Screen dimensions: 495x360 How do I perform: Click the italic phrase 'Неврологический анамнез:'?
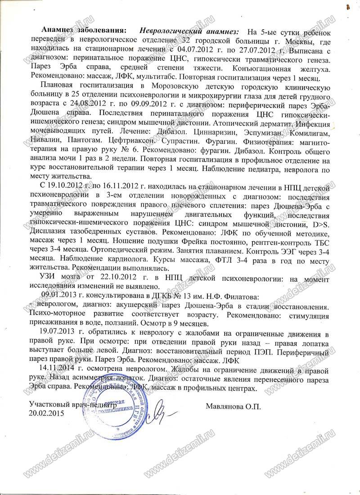tap(189, 31)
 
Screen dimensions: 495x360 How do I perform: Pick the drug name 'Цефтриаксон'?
tap(137, 140)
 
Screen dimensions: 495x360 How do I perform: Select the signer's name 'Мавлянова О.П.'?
tap(233, 405)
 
